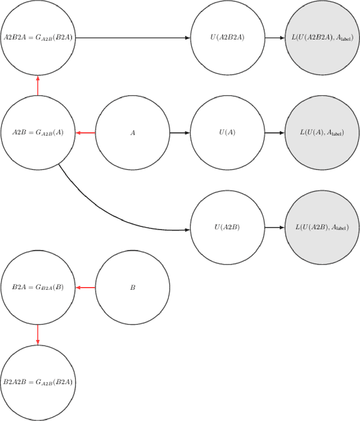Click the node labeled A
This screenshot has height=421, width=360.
[133, 133]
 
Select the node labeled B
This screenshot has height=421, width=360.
[133, 287]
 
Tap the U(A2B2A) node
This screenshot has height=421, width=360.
[227, 38]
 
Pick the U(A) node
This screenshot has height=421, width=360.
[227, 133]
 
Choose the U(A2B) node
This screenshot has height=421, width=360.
[227, 227]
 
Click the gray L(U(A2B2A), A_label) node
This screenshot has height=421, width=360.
[322, 38]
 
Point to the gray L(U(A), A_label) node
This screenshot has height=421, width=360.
[322, 133]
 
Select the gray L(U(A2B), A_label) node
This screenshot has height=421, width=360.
[322, 227]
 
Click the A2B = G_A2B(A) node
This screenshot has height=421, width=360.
[38, 133]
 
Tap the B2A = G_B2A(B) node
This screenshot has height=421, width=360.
[38, 287]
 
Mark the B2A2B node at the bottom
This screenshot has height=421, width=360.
[38, 382]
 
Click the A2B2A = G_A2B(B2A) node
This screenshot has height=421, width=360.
[38, 38]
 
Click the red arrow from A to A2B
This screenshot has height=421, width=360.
[85, 133]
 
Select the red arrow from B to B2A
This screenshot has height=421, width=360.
[85, 287]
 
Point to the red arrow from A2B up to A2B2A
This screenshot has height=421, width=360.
[38, 86]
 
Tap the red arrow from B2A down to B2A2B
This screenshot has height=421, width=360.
[38, 334]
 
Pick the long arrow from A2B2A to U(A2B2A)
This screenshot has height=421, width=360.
[133, 38]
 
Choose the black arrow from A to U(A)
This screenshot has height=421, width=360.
[180, 133]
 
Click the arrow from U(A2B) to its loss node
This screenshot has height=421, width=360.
[274, 227]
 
